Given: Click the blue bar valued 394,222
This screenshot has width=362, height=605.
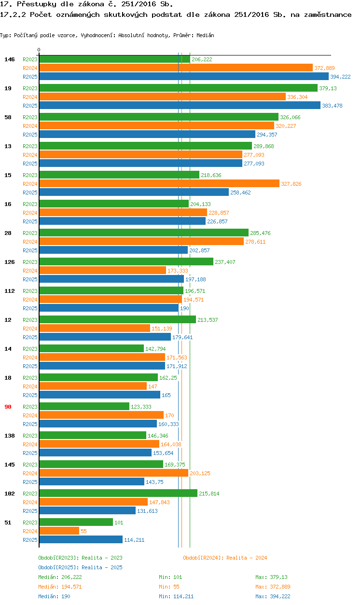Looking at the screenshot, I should pos(183,77).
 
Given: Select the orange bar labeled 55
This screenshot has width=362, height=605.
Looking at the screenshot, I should pos(59,531).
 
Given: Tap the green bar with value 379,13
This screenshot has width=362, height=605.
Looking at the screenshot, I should pos(178,88).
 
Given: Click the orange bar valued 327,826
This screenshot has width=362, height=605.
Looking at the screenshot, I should pos(159,183).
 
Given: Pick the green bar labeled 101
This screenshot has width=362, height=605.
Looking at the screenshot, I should pos(76,522).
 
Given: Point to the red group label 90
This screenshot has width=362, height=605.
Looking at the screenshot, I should pos(8,407).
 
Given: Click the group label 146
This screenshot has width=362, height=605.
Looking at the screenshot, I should pos(10,59).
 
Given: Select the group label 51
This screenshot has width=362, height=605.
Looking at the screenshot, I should pos(8,522).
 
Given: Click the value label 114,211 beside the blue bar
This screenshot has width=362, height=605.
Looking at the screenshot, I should pos(134,540).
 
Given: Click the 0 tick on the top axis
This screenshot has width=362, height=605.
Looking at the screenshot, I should pos(39,50).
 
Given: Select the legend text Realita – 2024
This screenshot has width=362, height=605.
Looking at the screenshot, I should pos(247,558).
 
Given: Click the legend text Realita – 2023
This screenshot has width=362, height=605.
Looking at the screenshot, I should pos(102,558).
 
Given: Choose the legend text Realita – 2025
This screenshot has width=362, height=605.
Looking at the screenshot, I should pos(102,567).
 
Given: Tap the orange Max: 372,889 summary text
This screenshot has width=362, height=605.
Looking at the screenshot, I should pos(273,587).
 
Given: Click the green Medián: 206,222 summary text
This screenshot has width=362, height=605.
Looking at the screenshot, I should pos(60,577).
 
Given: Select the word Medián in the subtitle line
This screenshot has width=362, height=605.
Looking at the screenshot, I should pos(205,35).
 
